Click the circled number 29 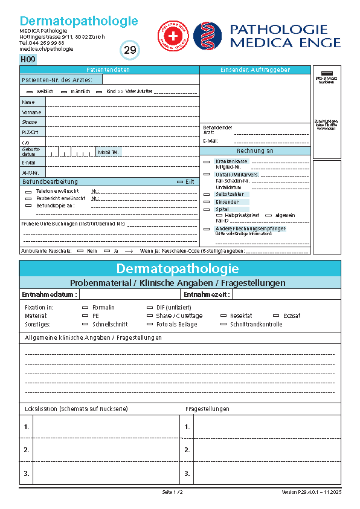(x=130, y=50)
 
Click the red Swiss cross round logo (x=173, y=36)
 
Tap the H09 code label (x=28, y=59)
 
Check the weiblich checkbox (x=30, y=91)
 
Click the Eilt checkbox (x=180, y=181)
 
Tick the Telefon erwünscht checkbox (x=28, y=191)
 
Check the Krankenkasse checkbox (x=207, y=162)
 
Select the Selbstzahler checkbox (x=207, y=194)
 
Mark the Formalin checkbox (x=85, y=308)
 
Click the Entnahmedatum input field (x=130, y=294)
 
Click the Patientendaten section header (x=109, y=70)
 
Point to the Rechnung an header (x=255, y=151)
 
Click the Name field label (x=28, y=102)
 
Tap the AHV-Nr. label (x=30, y=172)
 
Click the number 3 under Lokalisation (x=26, y=473)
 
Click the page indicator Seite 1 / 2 (x=172, y=493)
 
